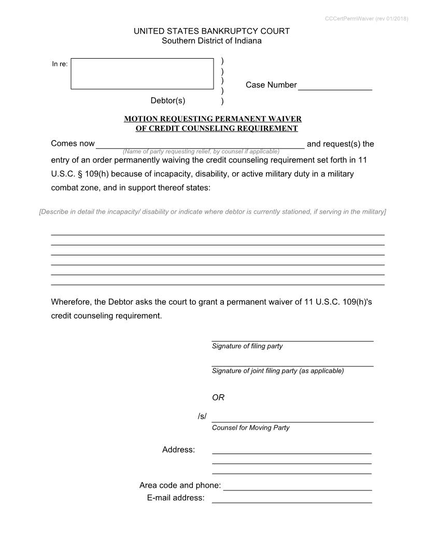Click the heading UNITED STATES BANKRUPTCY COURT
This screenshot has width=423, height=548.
pos(212,31)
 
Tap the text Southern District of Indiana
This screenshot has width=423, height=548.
pos(212,41)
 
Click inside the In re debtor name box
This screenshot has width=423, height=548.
pos(142,74)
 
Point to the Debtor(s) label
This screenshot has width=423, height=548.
pos(168,101)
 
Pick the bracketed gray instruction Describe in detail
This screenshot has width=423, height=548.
pos(213,212)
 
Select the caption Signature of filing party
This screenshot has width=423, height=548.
pos(247,346)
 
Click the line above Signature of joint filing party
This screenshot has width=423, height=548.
pos(292,366)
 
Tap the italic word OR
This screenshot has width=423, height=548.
pos(218,398)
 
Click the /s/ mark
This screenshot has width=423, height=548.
pos(202,416)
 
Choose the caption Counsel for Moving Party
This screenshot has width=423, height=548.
pos(251,428)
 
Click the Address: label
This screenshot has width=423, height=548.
pos(178,450)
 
